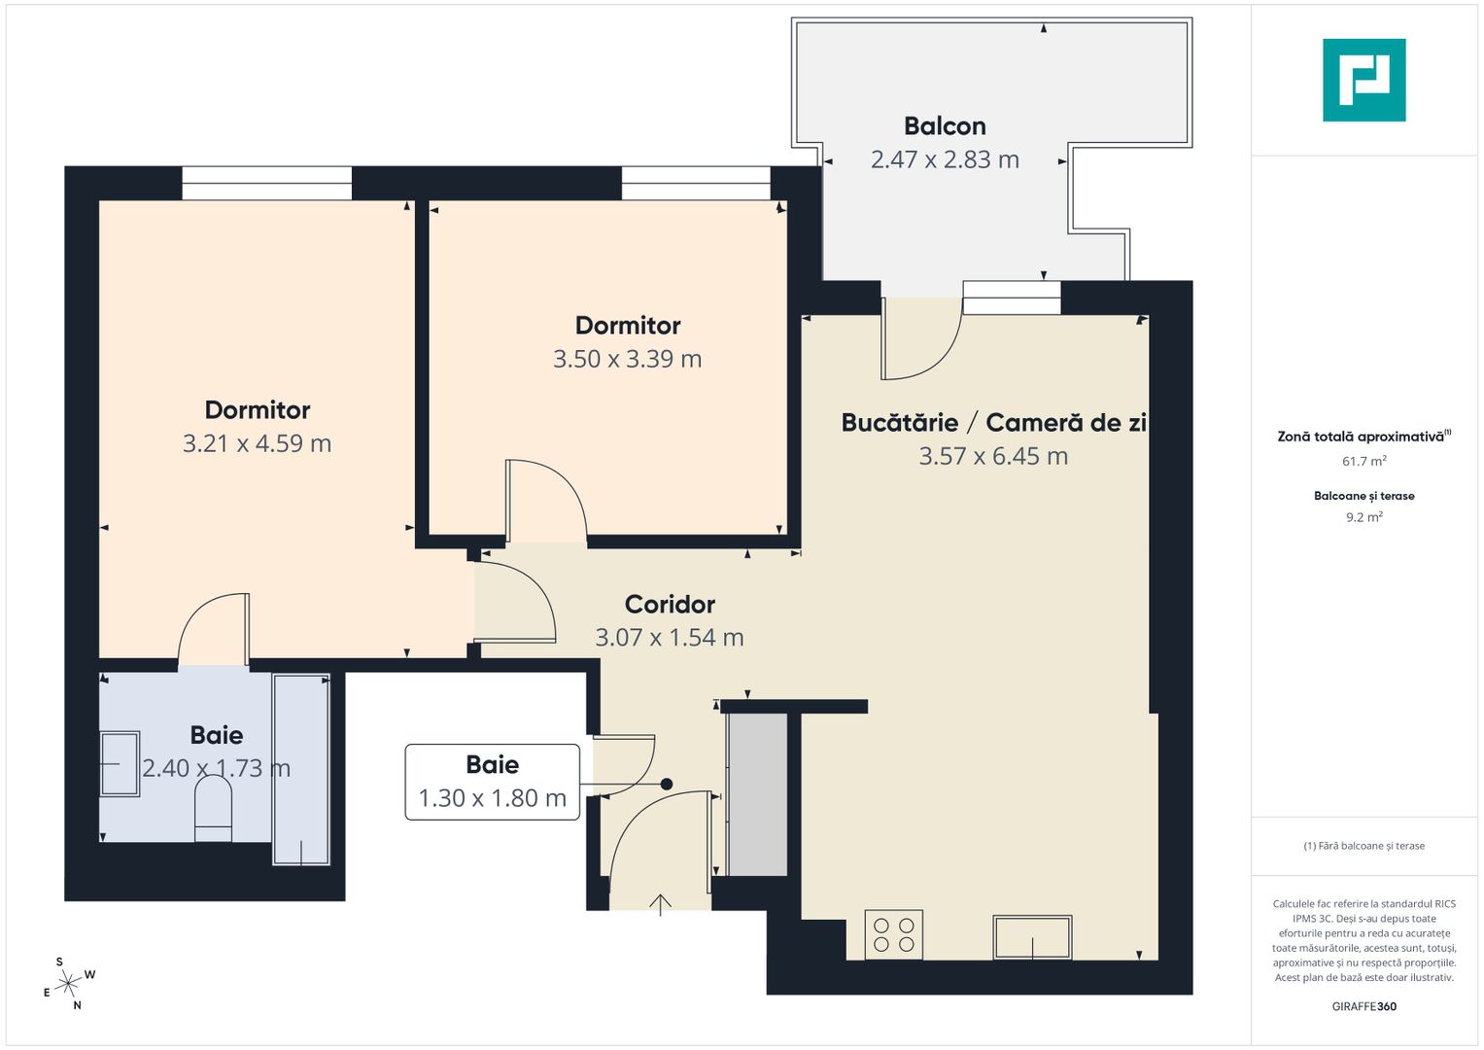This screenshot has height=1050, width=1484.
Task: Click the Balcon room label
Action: [x=945, y=126]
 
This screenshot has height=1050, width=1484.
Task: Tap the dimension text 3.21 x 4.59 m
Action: [x=257, y=443]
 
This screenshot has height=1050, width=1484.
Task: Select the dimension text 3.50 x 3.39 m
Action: [x=627, y=359]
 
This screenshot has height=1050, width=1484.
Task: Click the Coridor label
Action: [x=670, y=604]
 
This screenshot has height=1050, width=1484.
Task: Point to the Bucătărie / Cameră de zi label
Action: [x=993, y=423]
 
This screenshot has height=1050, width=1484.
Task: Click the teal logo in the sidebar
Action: [x=1363, y=80]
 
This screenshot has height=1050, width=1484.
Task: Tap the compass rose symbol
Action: [x=68, y=984]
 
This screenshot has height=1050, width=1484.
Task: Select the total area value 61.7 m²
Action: [x=1363, y=461]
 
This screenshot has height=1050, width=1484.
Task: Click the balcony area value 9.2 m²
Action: [x=1363, y=517]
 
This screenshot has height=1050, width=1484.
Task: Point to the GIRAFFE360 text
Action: [x=1363, y=1006]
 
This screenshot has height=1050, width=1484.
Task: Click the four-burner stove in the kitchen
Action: [x=893, y=934]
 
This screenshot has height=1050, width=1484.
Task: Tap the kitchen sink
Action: [x=1032, y=937]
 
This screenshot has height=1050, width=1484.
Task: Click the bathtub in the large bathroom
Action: [x=301, y=769]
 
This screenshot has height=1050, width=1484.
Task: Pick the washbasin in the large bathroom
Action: [x=120, y=764]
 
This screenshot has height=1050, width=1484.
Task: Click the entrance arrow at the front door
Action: [x=661, y=904]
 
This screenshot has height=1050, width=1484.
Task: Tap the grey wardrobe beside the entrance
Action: [x=758, y=794]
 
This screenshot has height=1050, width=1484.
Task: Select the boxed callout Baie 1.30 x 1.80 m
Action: [x=492, y=782]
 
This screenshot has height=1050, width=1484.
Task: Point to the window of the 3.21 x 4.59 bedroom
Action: [x=266, y=183]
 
